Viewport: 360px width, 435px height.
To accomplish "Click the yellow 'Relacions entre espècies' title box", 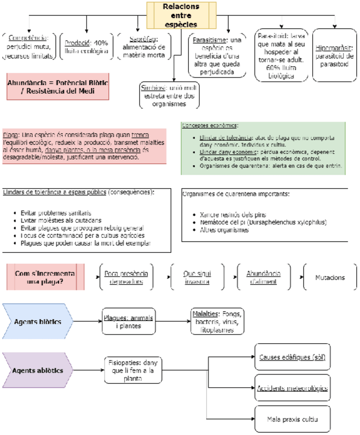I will (173, 15).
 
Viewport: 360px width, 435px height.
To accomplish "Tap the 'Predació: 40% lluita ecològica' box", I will (86, 47).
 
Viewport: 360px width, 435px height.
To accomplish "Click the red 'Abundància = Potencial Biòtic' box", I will (58, 87).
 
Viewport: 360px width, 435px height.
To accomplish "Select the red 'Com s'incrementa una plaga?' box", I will (40, 278).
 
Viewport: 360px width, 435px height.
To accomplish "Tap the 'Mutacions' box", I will (330, 278).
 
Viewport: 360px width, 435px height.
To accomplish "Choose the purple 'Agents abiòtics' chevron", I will (37, 370).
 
